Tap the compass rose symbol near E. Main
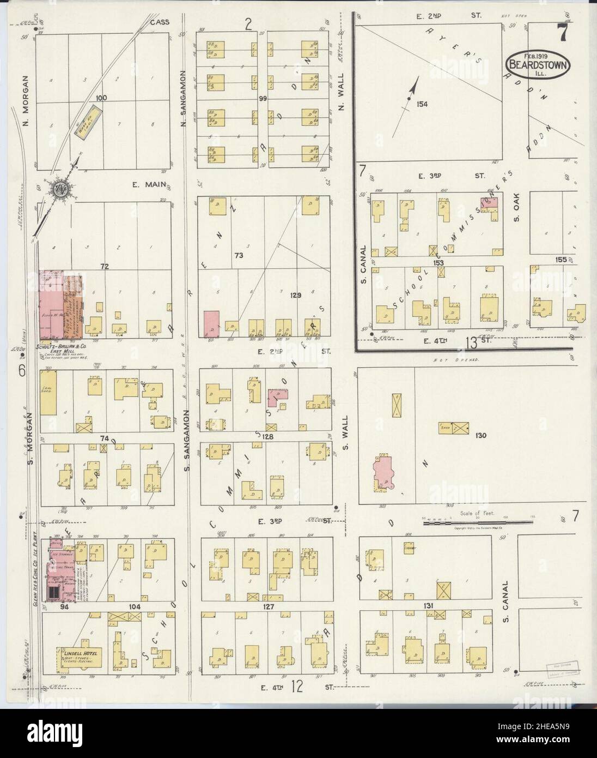click(59, 189)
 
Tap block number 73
click(238, 255)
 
